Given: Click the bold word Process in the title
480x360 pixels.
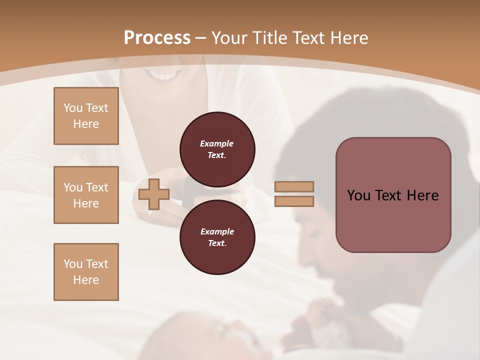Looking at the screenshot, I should click(157, 38).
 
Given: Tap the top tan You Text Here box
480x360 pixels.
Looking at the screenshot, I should click(86, 116).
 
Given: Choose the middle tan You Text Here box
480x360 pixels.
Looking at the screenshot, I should click(86, 195).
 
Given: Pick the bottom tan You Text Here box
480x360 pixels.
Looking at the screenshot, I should click(86, 272).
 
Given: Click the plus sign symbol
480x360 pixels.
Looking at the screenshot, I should click(154, 194).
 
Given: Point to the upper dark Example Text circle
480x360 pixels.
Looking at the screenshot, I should click(217, 149).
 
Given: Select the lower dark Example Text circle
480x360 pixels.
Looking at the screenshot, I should click(217, 237).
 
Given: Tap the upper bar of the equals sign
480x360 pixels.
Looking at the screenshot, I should click(294, 186).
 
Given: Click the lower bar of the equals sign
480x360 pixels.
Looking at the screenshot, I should click(294, 201).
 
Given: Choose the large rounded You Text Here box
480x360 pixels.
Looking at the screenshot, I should click(393, 195).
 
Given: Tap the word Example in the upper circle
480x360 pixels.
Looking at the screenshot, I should click(216, 143).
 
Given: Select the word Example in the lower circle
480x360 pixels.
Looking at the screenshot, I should click(217, 231).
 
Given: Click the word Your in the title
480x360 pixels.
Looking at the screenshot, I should click(228, 38).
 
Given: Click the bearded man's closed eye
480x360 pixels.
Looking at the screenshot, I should click(311, 233).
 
